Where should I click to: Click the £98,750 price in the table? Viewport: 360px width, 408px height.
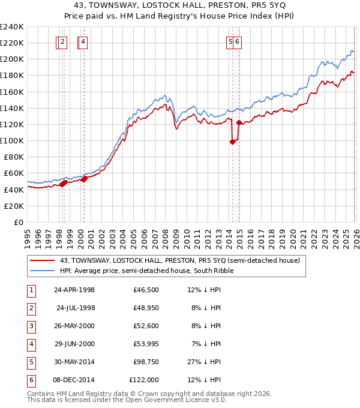pos(144,362)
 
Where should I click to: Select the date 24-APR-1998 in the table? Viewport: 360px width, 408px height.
pos(74,290)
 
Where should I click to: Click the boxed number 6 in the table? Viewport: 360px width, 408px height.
pos(31,380)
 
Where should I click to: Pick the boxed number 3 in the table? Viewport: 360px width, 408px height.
pos(31,326)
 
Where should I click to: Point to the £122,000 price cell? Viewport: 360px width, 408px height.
pos(144,380)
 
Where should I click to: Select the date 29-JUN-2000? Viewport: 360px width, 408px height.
pos(74,344)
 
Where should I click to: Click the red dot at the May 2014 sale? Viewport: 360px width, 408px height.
pos(232,142)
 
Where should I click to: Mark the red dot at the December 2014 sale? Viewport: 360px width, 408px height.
pos(239,123)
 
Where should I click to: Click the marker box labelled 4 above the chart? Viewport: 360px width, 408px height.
pos(83,42)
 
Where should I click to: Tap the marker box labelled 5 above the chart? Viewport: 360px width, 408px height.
pos(230,42)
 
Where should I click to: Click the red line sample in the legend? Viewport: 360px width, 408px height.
pos(43,260)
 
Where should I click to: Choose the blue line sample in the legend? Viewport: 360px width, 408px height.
pos(43,271)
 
